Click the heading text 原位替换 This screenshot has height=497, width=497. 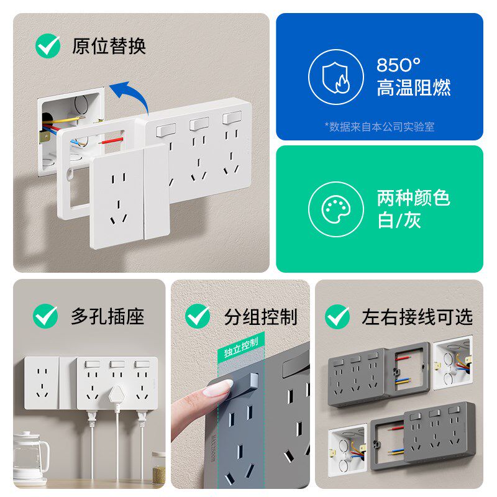[x=109, y=47]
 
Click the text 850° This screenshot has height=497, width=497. [x=399, y=65]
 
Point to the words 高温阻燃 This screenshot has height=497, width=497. [x=413, y=88]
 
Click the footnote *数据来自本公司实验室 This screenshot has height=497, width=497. [x=380, y=127]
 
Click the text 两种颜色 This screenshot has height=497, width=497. [x=413, y=198]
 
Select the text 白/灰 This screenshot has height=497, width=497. [x=399, y=221]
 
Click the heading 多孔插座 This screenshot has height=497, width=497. [x=107, y=316]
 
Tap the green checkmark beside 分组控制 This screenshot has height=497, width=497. [x=198, y=316]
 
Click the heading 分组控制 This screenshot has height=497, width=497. [x=260, y=317]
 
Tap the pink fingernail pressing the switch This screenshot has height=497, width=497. [x=218, y=389]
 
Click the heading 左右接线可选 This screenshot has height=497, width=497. [x=417, y=317]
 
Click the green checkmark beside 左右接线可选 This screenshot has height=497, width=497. [x=337, y=317]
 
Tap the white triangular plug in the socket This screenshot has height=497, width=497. [x=117, y=395]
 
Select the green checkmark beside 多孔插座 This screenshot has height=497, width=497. [x=45, y=316]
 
